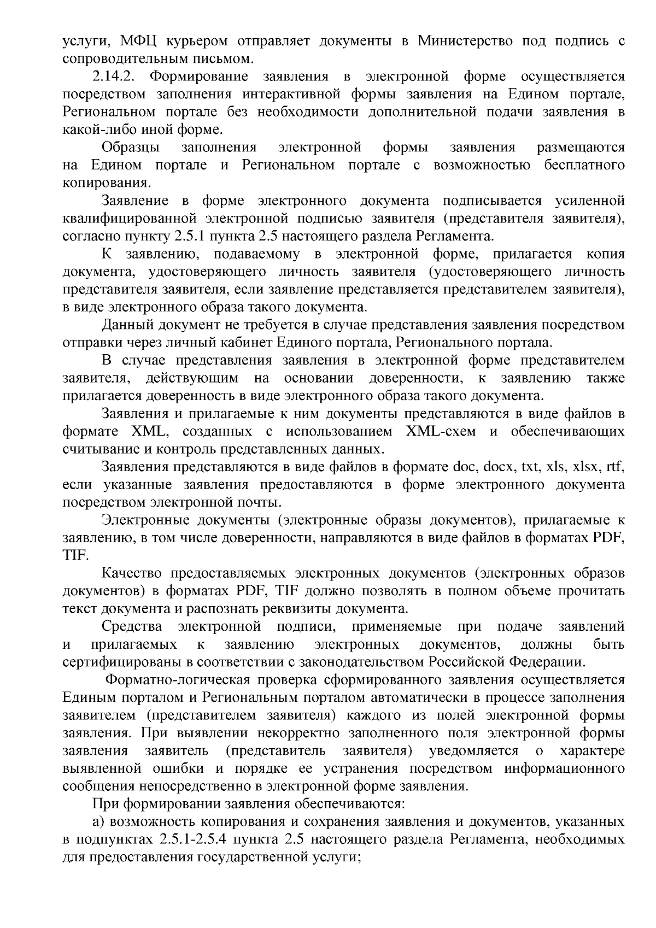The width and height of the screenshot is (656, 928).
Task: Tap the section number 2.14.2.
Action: point(114,76)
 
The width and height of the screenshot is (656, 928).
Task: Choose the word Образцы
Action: point(131,148)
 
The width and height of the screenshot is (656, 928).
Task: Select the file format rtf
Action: point(616,467)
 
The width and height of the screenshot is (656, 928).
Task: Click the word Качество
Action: point(132,573)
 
